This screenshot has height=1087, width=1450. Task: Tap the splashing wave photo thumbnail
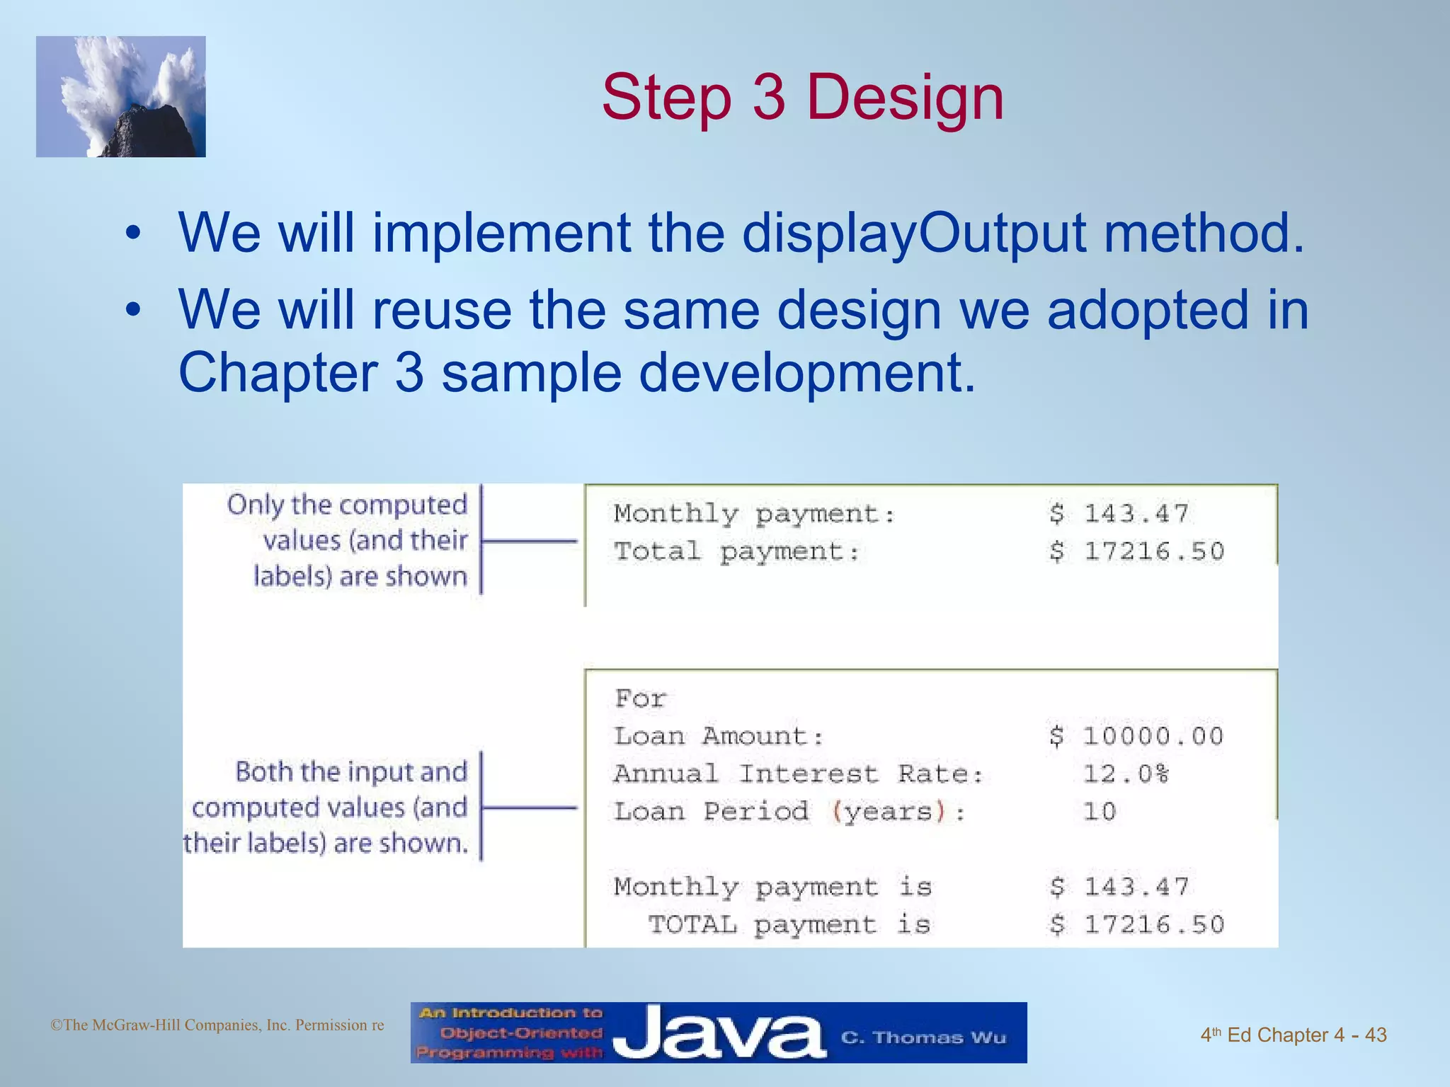[x=121, y=97]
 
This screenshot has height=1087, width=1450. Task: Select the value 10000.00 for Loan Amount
[x=1153, y=737]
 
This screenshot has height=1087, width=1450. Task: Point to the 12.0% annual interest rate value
[x=1126, y=774]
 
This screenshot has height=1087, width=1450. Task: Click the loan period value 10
[x=1100, y=812]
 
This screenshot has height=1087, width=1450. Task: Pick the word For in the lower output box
[x=640, y=699]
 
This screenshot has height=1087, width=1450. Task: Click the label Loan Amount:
[x=719, y=737]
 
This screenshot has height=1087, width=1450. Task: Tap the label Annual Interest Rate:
[x=799, y=774]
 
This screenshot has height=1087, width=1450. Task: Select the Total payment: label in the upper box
[x=736, y=551]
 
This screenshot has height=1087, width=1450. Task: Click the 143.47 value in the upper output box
[x=1136, y=514]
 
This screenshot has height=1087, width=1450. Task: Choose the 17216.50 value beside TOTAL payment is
[x=1153, y=924]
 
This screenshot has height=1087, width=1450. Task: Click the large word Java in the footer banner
[x=719, y=1034]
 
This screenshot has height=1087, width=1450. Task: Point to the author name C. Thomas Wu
[x=923, y=1038]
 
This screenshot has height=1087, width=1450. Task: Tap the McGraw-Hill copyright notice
[x=217, y=1025]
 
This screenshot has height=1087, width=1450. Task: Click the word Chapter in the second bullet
[x=278, y=373]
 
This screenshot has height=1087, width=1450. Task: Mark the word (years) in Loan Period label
[x=889, y=812]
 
